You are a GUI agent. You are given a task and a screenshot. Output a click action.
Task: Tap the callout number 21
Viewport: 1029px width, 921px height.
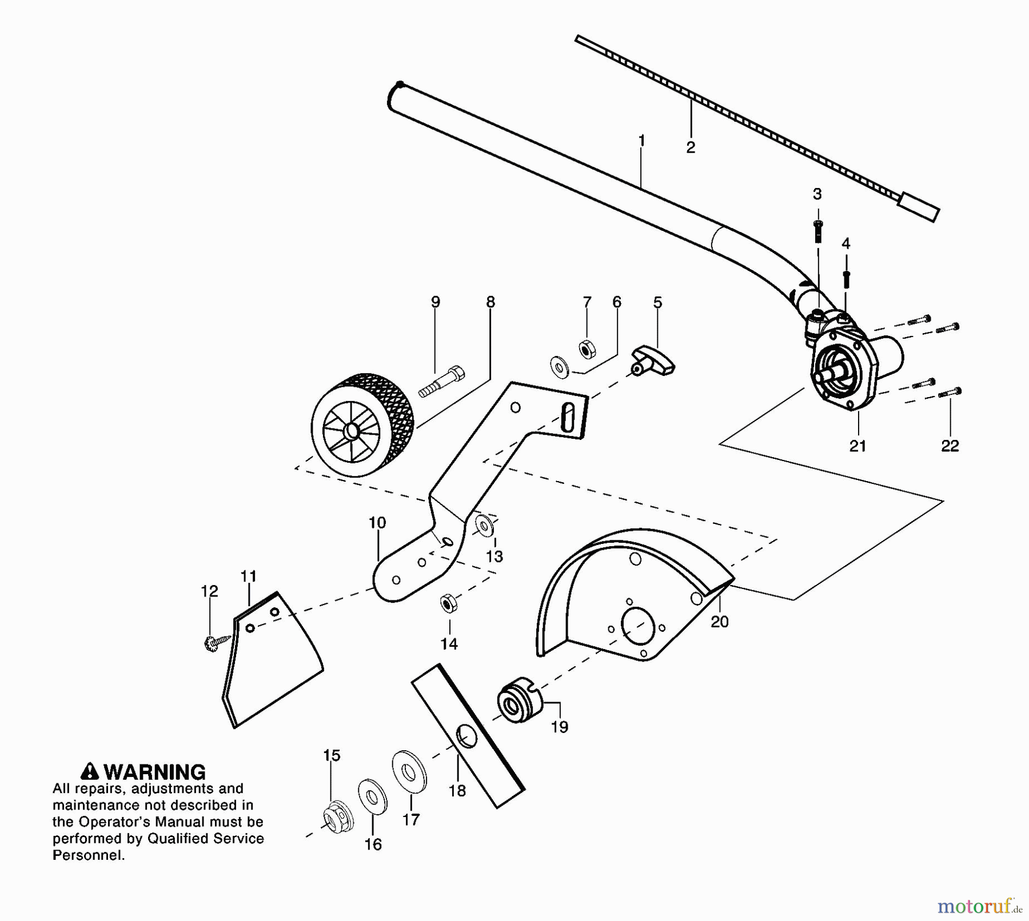[857, 446]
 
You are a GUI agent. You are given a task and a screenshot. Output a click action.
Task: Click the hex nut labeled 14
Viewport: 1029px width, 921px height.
[448, 603]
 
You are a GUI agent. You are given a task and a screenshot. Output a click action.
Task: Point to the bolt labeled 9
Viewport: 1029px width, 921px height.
[442, 382]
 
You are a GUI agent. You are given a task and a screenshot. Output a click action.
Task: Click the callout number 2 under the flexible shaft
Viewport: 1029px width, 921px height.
[691, 147]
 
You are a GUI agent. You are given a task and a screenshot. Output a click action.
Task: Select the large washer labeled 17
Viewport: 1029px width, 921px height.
[409, 772]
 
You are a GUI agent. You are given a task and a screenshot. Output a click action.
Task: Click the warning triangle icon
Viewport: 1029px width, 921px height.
[90, 772]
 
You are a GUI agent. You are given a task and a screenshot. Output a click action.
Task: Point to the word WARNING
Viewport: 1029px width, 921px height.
[155, 772]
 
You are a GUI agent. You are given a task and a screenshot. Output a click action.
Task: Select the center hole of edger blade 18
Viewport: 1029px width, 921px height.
[467, 736]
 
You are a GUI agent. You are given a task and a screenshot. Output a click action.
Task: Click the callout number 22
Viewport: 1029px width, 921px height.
[950, 446]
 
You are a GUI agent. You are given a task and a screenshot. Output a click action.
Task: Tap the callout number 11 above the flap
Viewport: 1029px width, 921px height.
[248, 576]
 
